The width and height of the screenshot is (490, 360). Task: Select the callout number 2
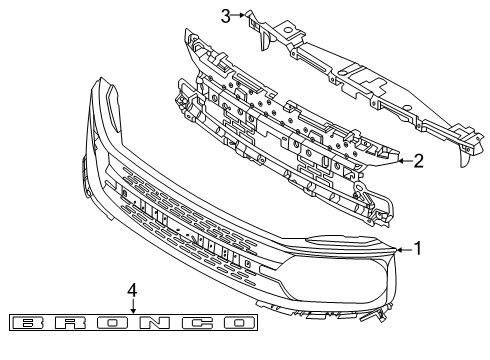coord(419,159)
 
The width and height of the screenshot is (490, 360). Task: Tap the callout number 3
coord(226,14)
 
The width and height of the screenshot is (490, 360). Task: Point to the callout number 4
coord(132,289)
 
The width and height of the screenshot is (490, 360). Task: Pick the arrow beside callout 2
coord(402,159)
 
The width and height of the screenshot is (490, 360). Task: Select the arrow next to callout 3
coord(240,15)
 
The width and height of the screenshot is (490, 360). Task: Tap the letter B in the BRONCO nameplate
coord(31,323)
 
